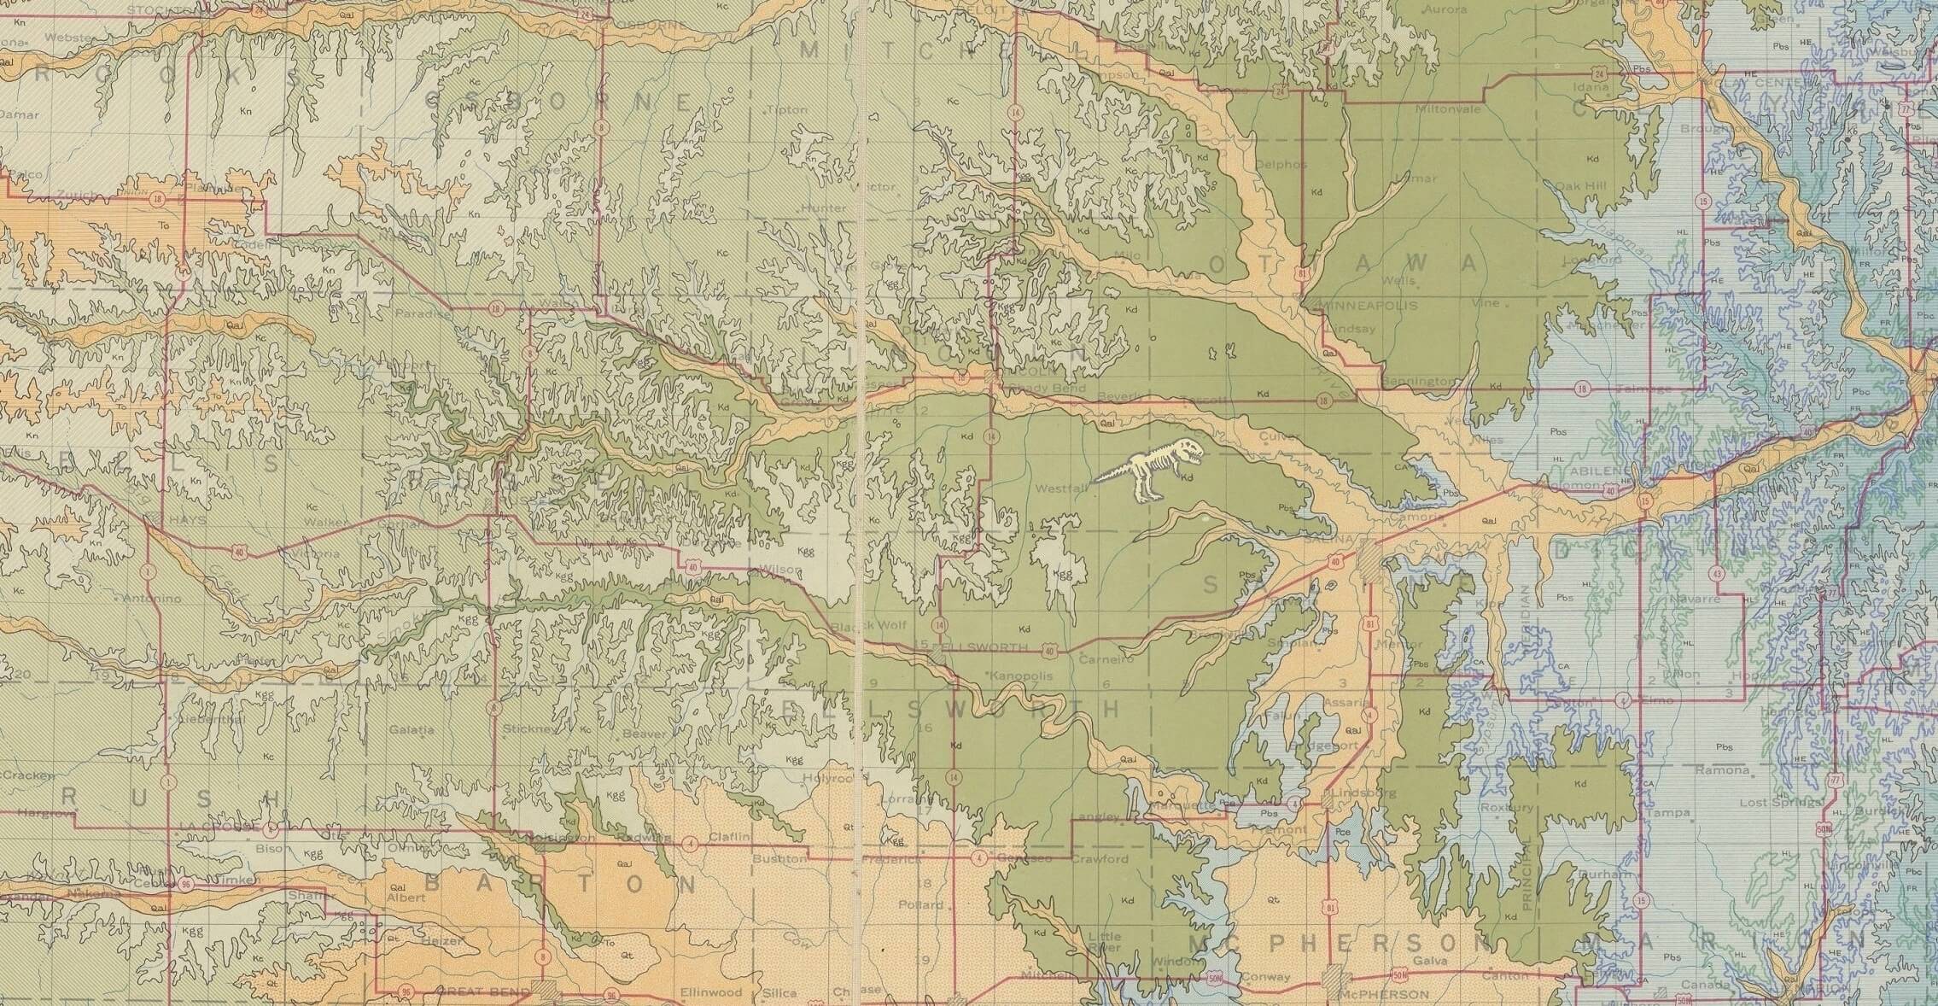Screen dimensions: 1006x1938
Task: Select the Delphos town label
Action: pyautogui.click(x=1281, y=164)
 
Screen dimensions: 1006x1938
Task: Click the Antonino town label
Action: pyautogui.click(x=152, y=599)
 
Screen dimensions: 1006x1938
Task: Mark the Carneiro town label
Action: pyautogui.click(x=1106, y=659)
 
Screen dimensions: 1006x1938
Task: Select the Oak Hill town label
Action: pyautogui.click(x=1579, y=185)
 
